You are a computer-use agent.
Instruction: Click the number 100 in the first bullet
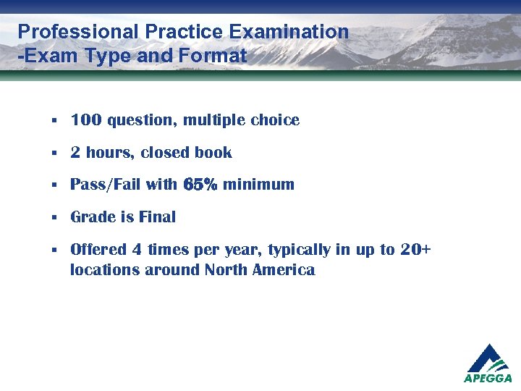coord(85,120)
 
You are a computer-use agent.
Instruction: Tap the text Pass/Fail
coord(106,185)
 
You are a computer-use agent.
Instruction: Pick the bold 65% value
coord(200,185)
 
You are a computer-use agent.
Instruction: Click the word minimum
coord(258,185)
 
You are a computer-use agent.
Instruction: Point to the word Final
coord(158,217)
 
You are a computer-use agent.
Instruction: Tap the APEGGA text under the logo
coord(488,378)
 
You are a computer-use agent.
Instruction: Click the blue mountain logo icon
coord(488,358)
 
